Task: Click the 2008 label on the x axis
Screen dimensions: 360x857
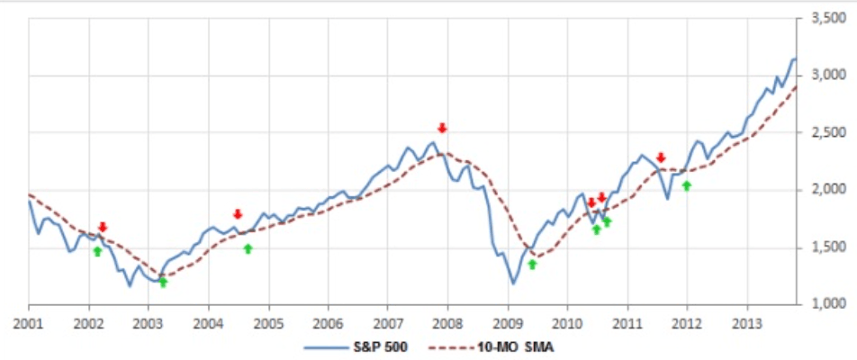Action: (x=447, y=321)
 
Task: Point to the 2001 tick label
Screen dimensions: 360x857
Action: (x=29, y=321)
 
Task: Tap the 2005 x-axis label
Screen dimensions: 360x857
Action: (x=268, y=321)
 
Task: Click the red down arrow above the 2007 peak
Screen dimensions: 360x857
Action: (x=442, y=128)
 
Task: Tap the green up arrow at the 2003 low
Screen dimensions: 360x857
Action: (x=163, y=282)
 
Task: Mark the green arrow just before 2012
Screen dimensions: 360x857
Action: (x=687, y=185)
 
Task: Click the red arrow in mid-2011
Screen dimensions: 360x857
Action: (x=661, y=157)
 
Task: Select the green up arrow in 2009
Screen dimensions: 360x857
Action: (x=532, y=264)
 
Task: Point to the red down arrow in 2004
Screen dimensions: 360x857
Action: (x=238, y=214)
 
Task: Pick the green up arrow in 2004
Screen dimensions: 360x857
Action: (x=248, y=248)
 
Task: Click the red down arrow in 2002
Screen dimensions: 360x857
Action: (x=103, y=227)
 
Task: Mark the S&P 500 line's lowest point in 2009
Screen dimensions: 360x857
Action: (x=514, y=284)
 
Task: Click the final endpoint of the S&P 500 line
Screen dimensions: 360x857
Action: (x=796, y=59)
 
